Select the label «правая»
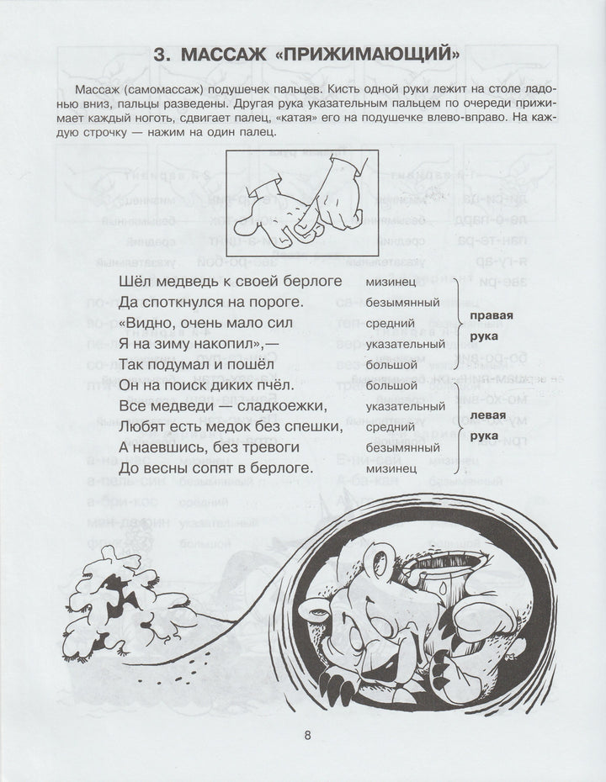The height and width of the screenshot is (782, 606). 491,315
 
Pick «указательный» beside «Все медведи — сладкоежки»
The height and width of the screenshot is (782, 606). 403,405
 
